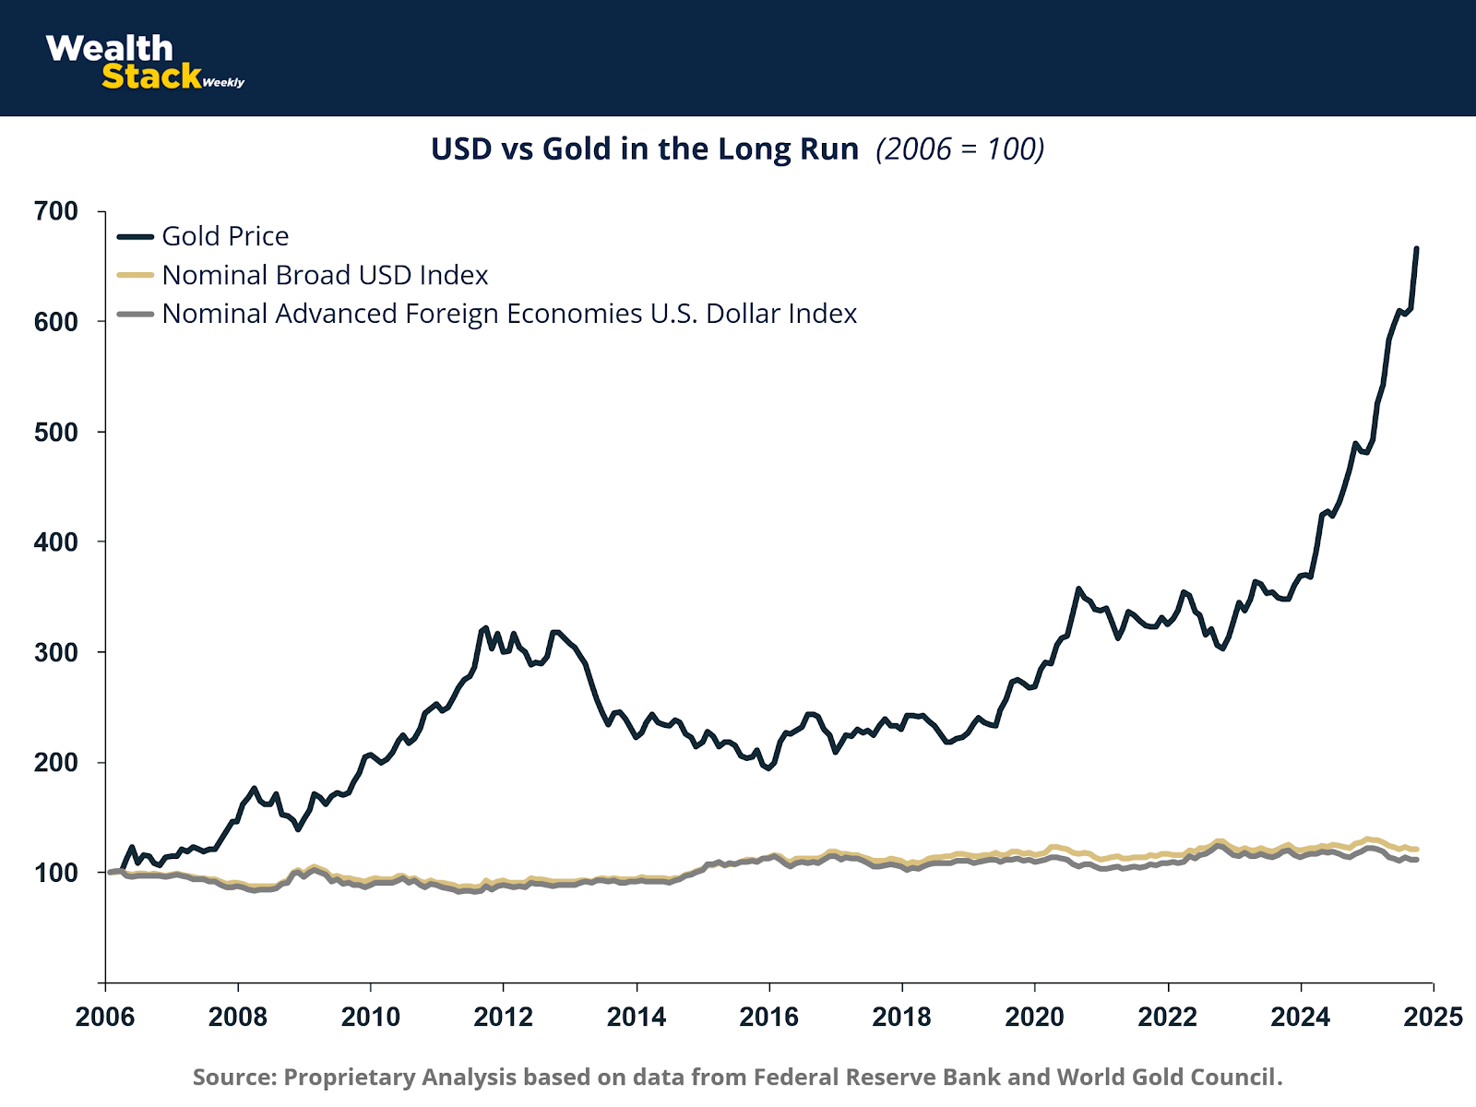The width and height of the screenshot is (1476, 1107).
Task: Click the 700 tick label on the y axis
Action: [x=56, y=211]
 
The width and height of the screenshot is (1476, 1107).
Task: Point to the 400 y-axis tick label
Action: [x=56, y=542]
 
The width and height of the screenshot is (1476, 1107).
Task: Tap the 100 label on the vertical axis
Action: [x=56, y=872]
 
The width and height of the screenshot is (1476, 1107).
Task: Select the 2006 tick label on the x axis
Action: [x=105, y=1017]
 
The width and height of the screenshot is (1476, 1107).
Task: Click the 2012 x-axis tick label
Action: [x=504, y=1017]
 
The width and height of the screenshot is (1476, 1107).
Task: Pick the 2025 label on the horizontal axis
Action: [x=1433, y=1017]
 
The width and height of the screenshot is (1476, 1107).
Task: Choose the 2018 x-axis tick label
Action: [x=902, y=1017]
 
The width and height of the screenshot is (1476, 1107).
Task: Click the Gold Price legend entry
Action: [x=225, y=236]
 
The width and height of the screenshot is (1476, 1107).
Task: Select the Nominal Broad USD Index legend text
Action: [x=325, y=275]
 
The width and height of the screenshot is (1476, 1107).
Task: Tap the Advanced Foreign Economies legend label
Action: [x=509, y=314]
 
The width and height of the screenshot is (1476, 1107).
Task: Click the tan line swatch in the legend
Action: [x=136, y=275]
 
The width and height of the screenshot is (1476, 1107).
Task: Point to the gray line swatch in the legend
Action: [x=136, y=314]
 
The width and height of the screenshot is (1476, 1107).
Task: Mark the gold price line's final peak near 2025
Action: [x=1417, y=248]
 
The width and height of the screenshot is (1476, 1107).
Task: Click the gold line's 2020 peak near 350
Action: [x=1078, y=588]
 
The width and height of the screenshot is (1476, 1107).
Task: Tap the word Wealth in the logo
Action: [x=109, y=48]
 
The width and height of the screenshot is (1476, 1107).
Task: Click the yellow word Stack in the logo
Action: [x=151, y=77]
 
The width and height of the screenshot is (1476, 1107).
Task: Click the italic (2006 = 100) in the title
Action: [x=960, y=149]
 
